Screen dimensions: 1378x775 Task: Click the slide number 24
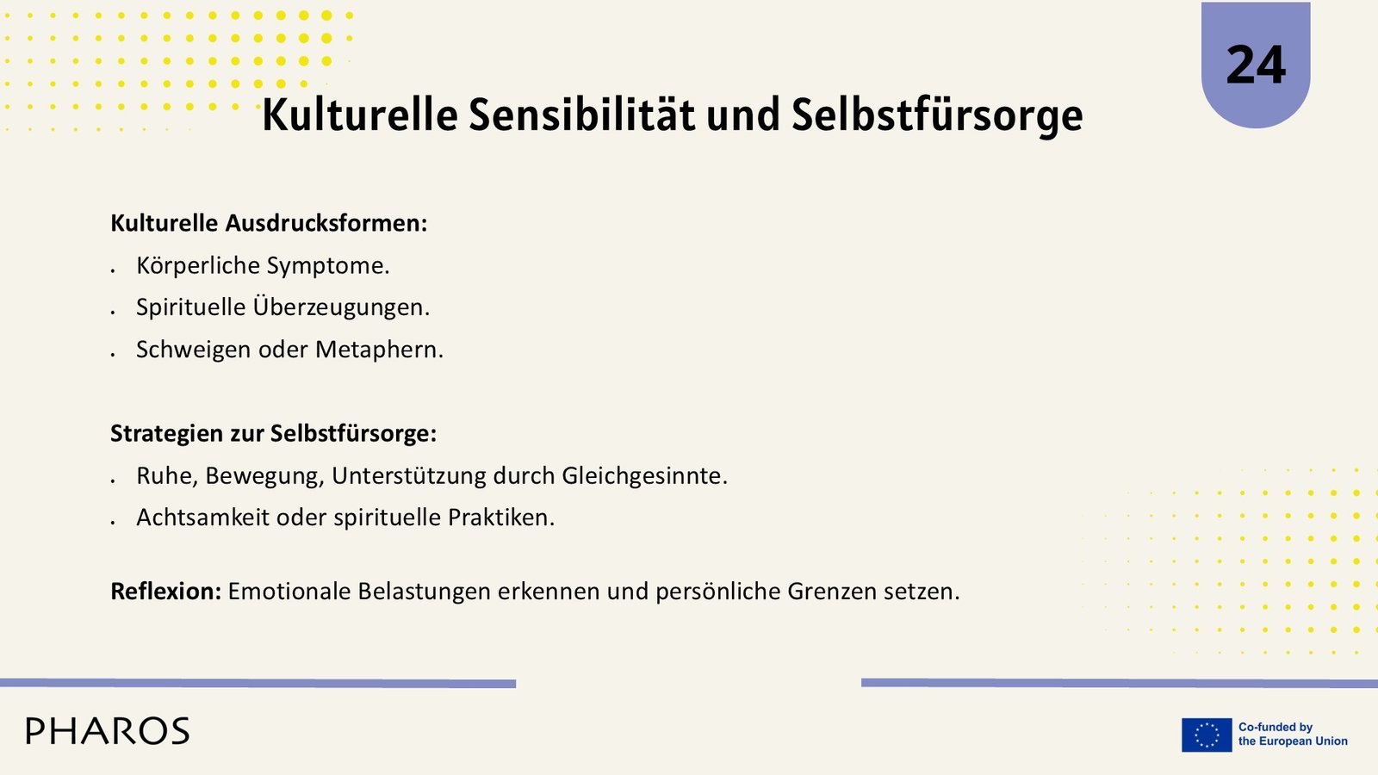point(1256,65)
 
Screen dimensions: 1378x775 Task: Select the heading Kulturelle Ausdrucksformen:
point(269,223)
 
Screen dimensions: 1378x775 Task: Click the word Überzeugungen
point(341,307)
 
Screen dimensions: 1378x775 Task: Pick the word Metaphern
point(379,350)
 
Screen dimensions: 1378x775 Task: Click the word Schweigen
point(194,350)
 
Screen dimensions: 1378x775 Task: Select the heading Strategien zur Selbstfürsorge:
point(273,434)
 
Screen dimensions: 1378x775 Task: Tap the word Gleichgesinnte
point(645,475)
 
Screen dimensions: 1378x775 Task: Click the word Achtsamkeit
point(203,518)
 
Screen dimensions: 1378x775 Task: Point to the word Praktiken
point(500,518)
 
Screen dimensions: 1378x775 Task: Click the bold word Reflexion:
point(165,591)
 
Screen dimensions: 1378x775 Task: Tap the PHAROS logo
point(108,731)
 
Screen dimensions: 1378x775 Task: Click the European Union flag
point(1207,735)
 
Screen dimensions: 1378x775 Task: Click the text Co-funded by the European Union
point(1293,735)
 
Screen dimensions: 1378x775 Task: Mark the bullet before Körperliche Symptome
point(113,270)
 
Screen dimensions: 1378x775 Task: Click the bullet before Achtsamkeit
point(113,522)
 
